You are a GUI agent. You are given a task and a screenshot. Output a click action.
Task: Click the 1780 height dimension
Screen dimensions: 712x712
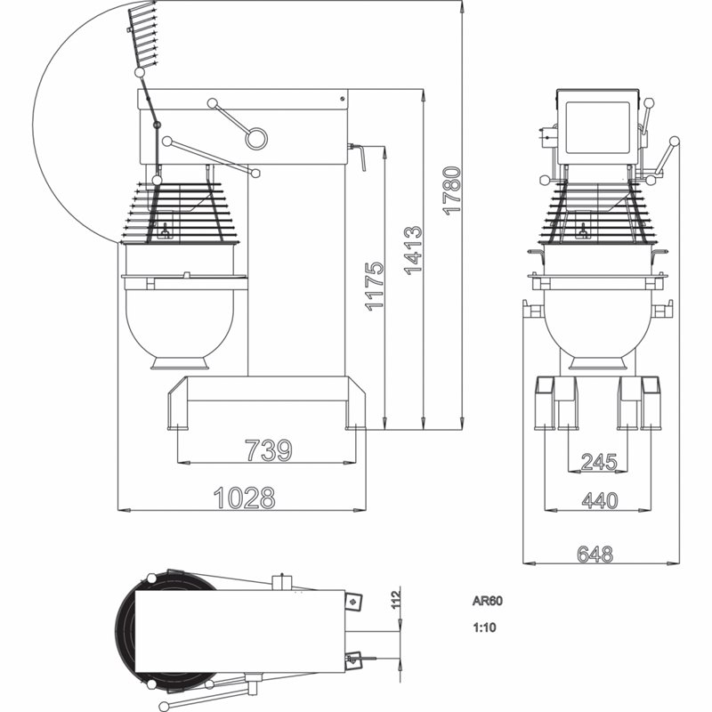pyautogui.click(x=452, y=190)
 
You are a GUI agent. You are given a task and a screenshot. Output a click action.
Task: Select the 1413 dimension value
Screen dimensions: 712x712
pyautogui.click(x=413, y=250)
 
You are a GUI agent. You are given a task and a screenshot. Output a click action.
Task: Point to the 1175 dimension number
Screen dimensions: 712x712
pyautogui.click(x=375, y=286)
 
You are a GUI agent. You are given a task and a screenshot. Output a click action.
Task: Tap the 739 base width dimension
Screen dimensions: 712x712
pyautogui.click(x=269, y=450)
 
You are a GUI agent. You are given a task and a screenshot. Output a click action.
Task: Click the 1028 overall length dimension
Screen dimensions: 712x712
pyautogui.click(x=244, y=498)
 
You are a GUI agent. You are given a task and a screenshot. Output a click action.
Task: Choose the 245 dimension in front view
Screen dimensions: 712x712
pyautogui.click(x=599, y=462)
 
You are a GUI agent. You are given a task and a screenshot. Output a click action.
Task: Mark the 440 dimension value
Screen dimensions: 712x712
pyautogui.click(x=600, y=500)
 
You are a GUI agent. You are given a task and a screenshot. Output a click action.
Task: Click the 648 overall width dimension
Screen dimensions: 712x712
pyautogui.click(x=595, y=554)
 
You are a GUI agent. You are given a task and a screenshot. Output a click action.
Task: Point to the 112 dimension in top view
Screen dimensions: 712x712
pyautogui.click(x=396, y=597)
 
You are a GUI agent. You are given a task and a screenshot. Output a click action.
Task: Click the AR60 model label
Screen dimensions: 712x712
pyautogui.click(x=487, y=601)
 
